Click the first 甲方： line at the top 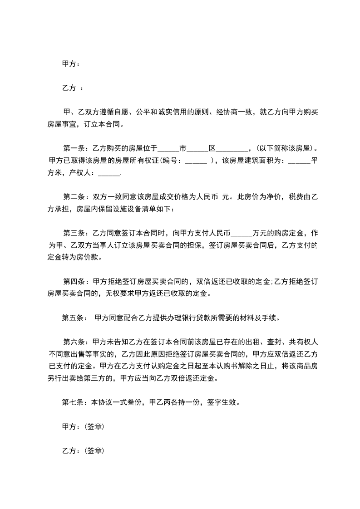(71, 64)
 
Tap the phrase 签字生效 (223, 402)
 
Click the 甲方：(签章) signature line (83, 426)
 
